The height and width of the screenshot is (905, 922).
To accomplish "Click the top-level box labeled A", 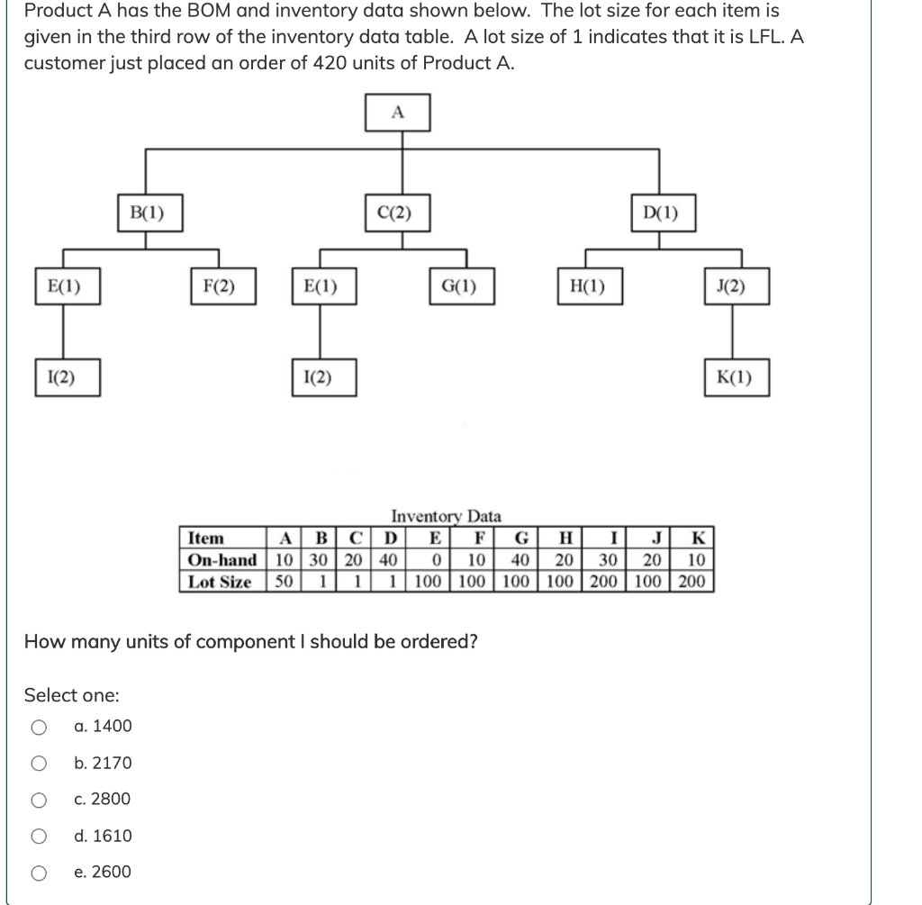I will click(398, 113).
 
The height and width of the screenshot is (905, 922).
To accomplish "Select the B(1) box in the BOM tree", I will click(147, 213).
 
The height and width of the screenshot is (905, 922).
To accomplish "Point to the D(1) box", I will click(661, 213).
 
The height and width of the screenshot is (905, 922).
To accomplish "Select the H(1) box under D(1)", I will click(587, 287).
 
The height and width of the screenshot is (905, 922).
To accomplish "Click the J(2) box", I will click(736, 287).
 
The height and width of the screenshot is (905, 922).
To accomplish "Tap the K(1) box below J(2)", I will click(736, 378).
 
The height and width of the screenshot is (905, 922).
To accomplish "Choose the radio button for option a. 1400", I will click(38, 727).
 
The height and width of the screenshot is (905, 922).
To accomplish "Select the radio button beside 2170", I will click(38, 764).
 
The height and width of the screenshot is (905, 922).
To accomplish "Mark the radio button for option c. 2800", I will click(38, 800).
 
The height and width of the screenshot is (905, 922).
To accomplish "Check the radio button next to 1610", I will click(38, 837).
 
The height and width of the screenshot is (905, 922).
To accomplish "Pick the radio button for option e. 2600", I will click(38, 873).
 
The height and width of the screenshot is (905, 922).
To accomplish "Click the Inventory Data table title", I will click(446, 517).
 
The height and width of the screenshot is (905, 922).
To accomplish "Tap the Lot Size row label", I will click(220, 582).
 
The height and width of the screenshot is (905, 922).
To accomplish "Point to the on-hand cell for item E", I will click(434, 560).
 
